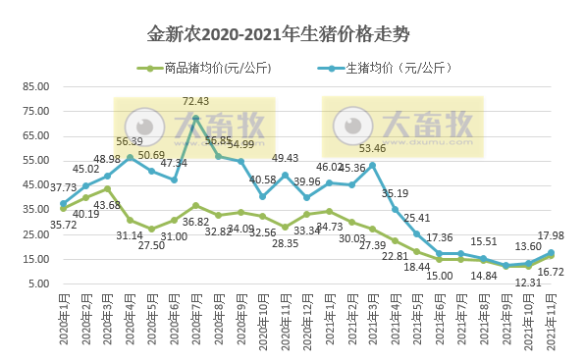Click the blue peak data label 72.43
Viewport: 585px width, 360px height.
(x=196, y=101)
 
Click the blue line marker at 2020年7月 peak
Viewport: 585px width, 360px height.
(x=196, y=118)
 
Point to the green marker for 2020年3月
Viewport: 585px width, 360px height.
(x=107, y=188)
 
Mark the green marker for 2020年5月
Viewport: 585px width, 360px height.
(x=152, y=229)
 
